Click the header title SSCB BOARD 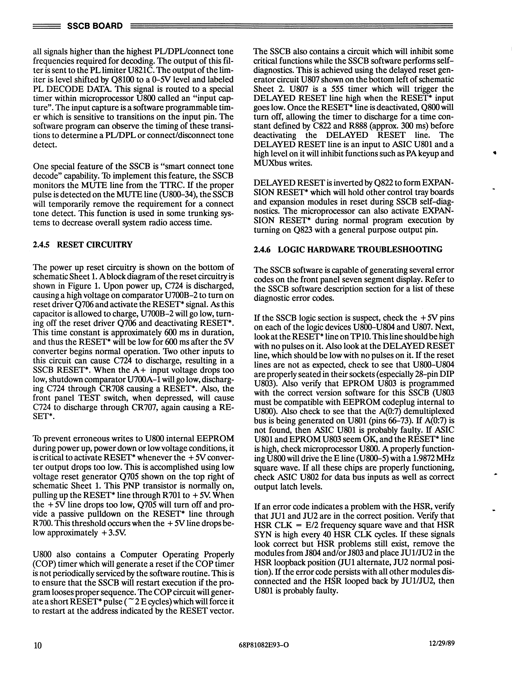click(x=95, y=26)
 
